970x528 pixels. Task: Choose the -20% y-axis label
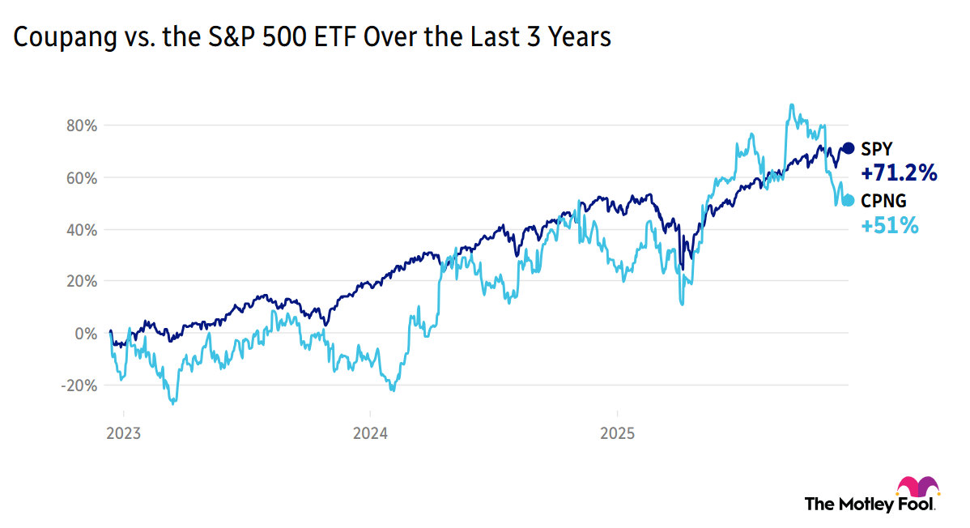[78, 385]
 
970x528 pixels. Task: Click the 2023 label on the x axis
[123, 432]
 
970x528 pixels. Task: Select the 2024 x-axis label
[370, 432]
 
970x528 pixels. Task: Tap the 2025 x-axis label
[616, 432]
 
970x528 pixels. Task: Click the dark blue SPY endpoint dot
[849, 148]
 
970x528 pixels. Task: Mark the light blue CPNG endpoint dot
[849, 200]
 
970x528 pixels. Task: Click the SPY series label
[877, 148]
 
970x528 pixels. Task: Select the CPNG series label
[883, 200]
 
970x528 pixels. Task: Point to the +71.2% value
[899, 172]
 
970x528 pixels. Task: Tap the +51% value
[890, 226]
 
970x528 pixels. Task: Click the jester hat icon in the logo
[917, 488]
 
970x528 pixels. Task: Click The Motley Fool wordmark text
[868, 504]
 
